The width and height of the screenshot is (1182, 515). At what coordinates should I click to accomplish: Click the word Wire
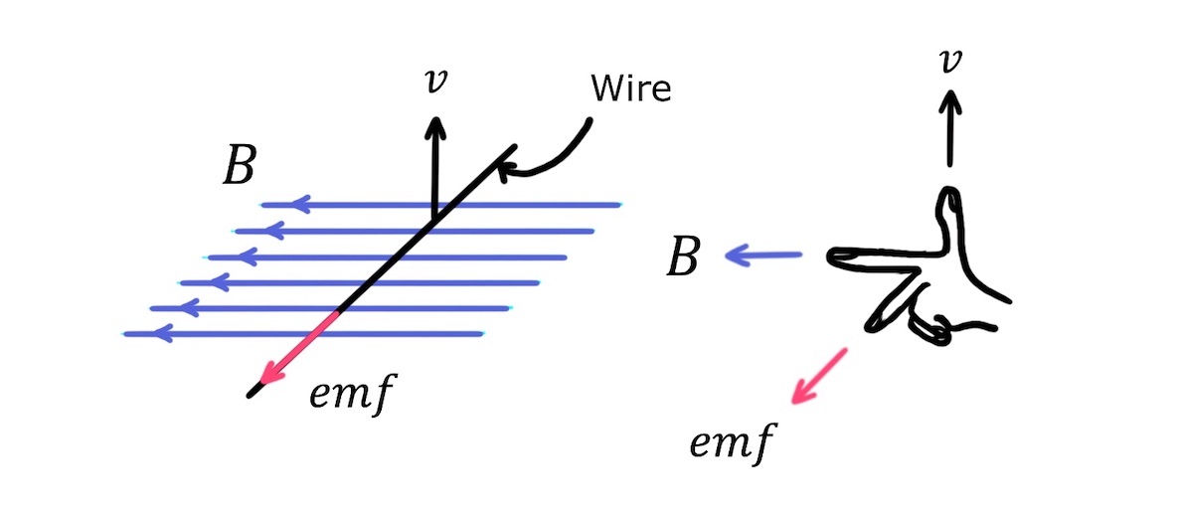[631, 89]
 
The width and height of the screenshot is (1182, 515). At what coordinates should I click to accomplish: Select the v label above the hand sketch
[951, 61]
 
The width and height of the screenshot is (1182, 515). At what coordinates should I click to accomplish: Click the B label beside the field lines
[238, 170]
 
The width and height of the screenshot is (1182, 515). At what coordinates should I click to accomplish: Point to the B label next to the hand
[683, 257]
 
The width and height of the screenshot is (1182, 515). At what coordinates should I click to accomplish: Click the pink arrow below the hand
[818, 376]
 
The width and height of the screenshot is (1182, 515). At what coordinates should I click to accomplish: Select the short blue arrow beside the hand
[763, 257]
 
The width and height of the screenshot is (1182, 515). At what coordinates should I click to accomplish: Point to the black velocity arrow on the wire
[433, 164]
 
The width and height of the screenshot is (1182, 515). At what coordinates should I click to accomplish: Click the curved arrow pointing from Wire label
[548, 159]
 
